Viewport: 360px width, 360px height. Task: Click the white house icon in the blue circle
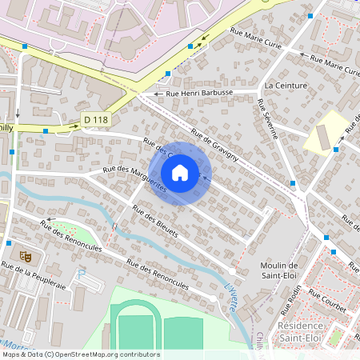(x=180, y=173)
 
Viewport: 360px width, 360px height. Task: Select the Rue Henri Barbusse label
(x=199, y=94)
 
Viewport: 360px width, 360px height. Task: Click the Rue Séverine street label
(x=267, y=119)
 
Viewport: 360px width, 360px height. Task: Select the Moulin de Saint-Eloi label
(x=279, y=270)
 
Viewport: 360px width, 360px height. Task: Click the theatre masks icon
(x=25, y=256)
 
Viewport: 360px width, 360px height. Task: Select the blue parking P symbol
(x=79, y=274)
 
